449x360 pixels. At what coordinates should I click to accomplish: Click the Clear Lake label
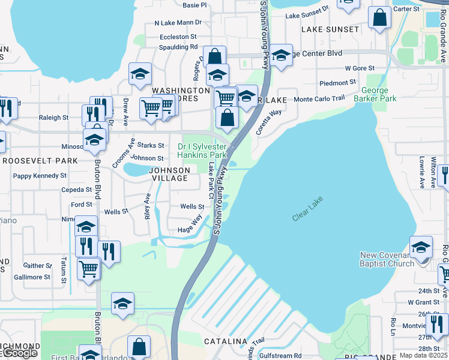309,211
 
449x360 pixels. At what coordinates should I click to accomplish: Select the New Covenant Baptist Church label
387,259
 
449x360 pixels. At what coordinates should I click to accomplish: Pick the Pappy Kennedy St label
40,176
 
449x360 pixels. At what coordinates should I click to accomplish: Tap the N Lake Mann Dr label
178,23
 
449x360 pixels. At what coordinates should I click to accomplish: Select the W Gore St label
360,68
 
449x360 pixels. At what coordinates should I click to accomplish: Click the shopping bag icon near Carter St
379,18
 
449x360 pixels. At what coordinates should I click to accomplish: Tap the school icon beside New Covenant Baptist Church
421,247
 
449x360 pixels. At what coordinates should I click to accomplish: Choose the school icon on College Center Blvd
281,55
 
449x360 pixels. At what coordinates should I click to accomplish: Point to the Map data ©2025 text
423,356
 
